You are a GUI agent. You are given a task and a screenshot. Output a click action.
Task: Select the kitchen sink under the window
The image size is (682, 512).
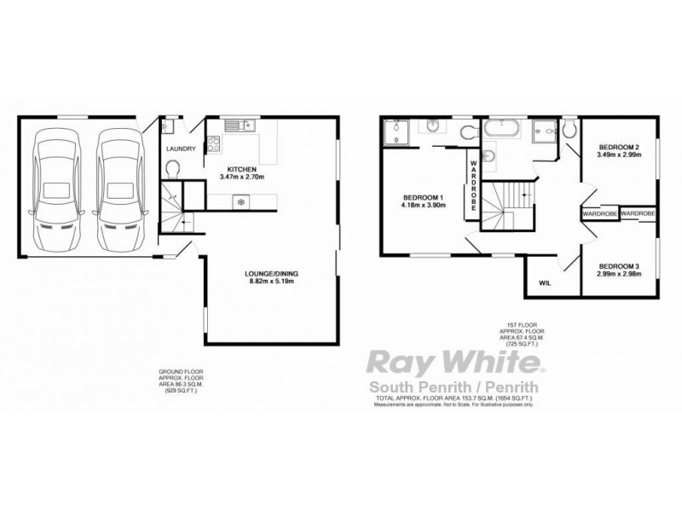coord(247,125)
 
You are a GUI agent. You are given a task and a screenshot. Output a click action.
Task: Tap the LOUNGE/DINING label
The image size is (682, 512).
coord(272,273)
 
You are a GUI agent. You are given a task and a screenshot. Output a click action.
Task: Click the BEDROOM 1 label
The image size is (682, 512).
coord(421,195)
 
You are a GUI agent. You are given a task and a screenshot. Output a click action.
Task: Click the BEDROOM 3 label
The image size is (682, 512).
coord(618,265)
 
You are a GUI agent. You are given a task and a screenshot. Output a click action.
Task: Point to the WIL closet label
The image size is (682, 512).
coord(545,283)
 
